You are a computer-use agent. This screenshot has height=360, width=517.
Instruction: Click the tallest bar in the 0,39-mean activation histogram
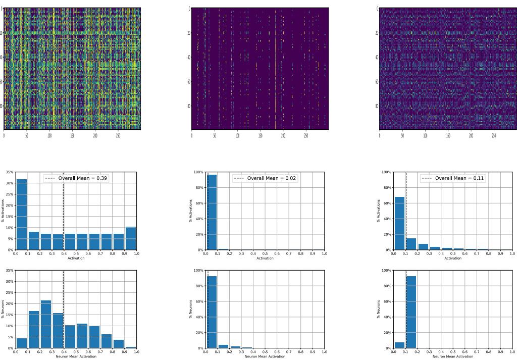pos(22,215)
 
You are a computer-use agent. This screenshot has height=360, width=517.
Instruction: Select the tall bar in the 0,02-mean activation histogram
pos(212,212)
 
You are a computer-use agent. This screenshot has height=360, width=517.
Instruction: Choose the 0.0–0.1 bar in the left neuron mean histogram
pos(22,343)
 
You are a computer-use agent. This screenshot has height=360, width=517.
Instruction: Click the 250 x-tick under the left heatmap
pos(118,136)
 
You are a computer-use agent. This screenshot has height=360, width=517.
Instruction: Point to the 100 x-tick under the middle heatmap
pos(237,136)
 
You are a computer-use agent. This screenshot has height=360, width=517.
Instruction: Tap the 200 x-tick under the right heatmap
pos(471,136)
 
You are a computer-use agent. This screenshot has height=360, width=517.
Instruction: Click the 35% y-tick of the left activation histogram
pos(10,172)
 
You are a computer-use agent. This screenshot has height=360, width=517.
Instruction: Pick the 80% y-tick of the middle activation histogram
pos(199,188)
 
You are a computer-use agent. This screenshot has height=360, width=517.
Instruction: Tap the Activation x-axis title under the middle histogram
pos(265,259)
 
